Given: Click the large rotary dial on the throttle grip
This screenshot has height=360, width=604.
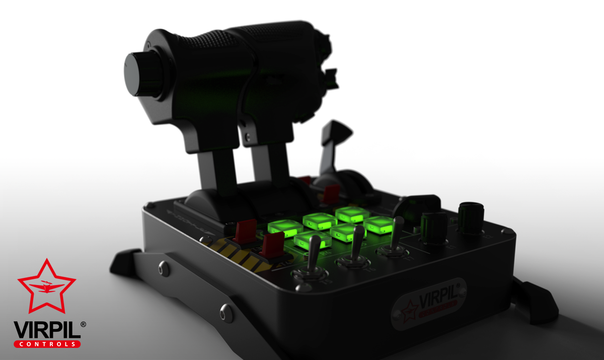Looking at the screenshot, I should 139,74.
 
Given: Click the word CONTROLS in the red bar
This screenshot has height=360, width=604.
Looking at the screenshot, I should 47,344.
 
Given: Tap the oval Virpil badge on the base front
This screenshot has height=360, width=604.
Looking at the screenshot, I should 429,302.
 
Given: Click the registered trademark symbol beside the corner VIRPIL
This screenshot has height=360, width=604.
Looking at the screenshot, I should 83,325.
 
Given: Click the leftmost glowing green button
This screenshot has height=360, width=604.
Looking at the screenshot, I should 282,228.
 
